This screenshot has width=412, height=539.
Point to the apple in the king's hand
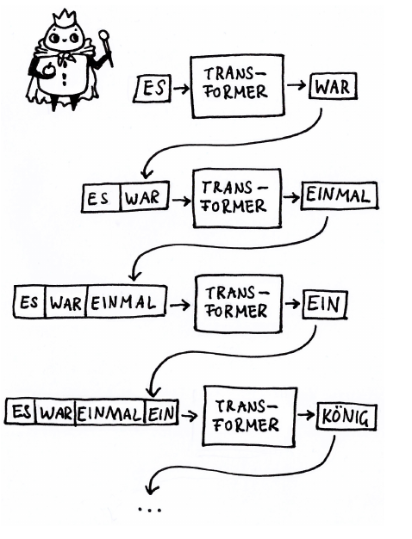click(x=47, y=70)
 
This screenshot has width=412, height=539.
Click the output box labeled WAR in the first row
click(x=333, y=86)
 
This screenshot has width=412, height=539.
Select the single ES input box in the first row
click(x=153, y=89)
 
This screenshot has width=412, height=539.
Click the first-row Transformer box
click(x=238, y=86)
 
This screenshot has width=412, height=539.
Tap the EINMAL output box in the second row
click(x=340, y=196)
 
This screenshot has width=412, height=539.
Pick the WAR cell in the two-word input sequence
click(x=145, y=197)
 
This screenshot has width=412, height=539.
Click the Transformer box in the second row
click(x=237, y=198)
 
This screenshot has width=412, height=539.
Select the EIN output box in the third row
click(x=325, y=304)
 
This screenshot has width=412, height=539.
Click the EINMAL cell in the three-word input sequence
click(x=126, y=302)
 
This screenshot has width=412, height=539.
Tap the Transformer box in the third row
click(x=239, y=304)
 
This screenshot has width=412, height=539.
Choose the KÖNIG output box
click(x=346, y=417)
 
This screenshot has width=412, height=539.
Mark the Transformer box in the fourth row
click(x=250, y=416)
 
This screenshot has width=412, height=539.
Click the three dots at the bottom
click(x=149, y=510)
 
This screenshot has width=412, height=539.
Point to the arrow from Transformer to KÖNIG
click(x=306, y=415)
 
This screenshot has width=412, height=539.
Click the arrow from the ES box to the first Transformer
click(x=181, y=89)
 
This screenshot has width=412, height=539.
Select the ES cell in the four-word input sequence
click(x=21, y=411)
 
